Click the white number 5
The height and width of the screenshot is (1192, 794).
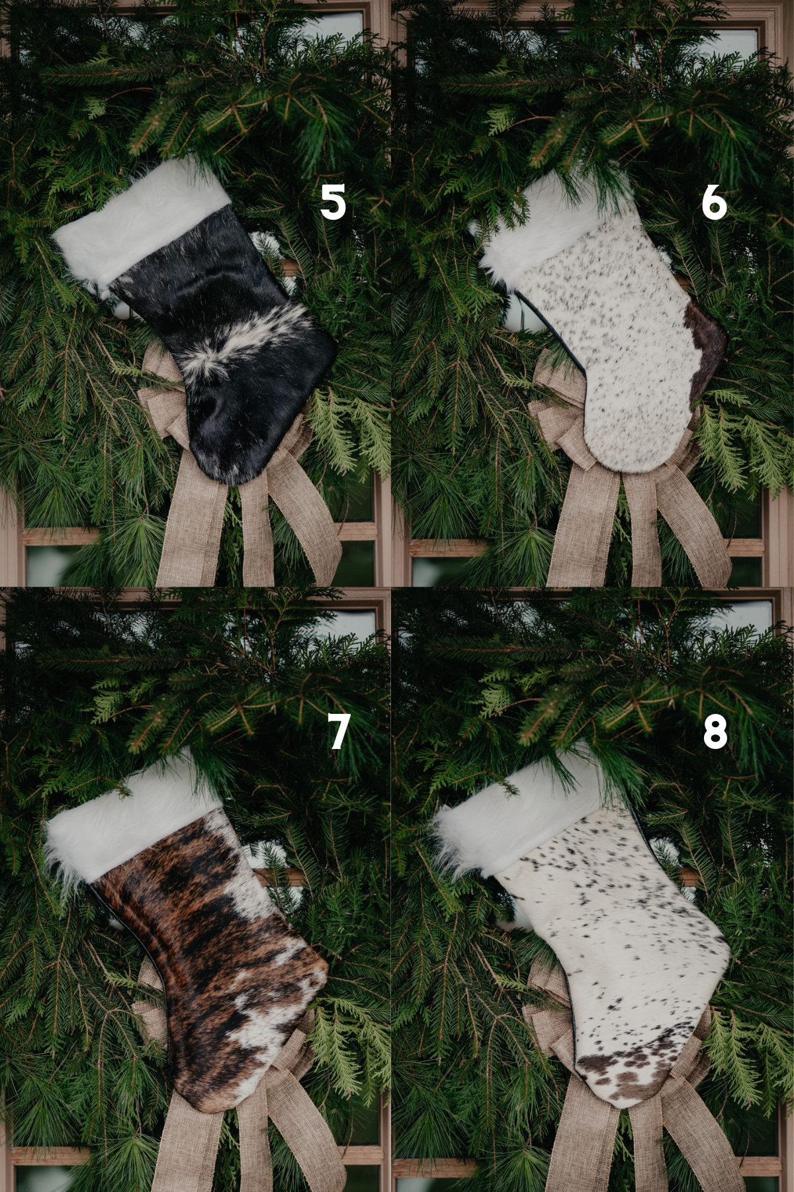(x=333, y=202)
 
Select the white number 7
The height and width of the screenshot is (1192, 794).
(x=338, y=732)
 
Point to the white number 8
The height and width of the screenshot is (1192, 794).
(x=715, y=732)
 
